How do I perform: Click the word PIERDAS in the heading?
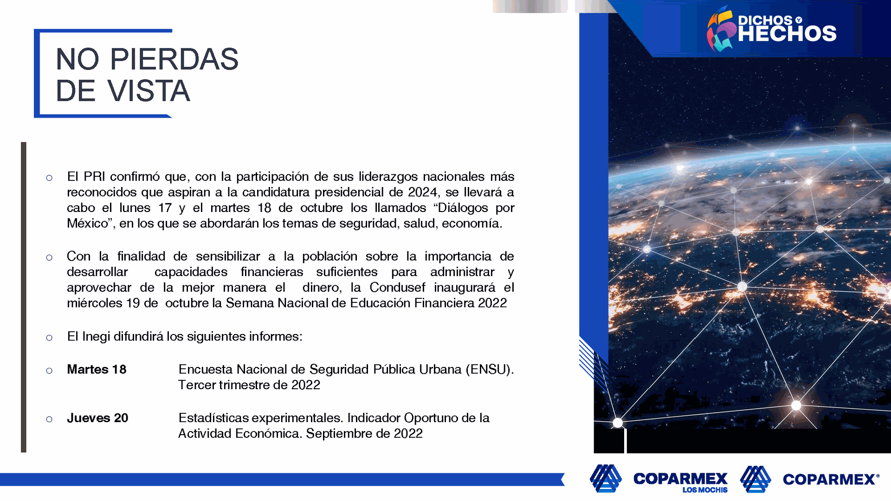(174, 59)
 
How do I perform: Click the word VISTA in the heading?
(149, 90)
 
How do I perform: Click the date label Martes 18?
(97, 369)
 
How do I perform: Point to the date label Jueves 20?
(97, 418)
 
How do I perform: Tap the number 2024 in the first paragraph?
(423, 192)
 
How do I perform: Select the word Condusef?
(398, 288)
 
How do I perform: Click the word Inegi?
(96, 337)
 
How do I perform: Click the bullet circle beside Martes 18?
(49, 371)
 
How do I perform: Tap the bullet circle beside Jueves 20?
(49, 419)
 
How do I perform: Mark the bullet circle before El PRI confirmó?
(49, 178)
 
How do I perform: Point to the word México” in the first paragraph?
(91, 224)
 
